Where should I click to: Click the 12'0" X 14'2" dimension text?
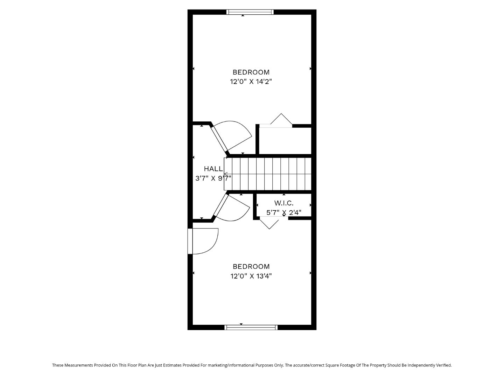[251, 82]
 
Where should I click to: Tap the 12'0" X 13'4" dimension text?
[251, 276]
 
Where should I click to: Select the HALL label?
[213, 169]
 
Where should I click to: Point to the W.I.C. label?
[283, 203]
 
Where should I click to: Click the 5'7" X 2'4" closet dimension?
[283, 212]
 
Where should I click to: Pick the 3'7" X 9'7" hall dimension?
[213, 178]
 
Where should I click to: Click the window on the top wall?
[250, 12]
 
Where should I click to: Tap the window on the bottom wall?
[251, 328]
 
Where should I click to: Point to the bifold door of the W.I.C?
[269, 222]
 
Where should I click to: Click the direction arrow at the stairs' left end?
[226, 174]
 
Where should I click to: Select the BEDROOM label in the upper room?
[251, 72]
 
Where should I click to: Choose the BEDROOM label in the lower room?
[251, 266]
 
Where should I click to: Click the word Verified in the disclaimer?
[443, 365]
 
